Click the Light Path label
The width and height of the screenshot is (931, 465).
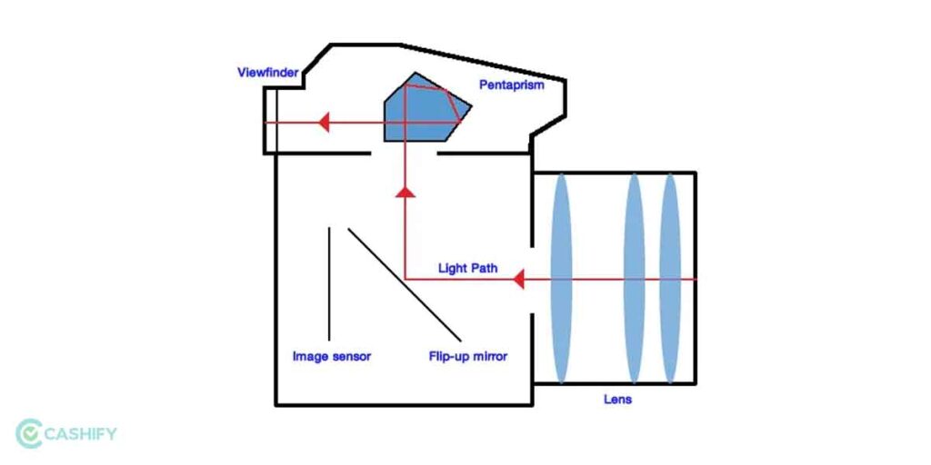click(468, 268)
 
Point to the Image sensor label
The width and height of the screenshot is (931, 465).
click(331, 356)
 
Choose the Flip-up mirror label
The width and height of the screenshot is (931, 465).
click(468, 356)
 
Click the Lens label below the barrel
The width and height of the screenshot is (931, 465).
click(617, 399)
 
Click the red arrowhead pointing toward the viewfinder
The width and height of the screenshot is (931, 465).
click(322, 122)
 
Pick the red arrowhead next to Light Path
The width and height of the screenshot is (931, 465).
click(518, 279)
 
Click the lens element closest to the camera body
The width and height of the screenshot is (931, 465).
click(560, 279)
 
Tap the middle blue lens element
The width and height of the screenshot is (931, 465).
click(634, 279)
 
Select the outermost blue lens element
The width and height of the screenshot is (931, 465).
click(670, 279)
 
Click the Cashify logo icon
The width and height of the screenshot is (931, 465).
click(29, 433)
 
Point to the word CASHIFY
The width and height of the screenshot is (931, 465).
click(83, 434)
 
